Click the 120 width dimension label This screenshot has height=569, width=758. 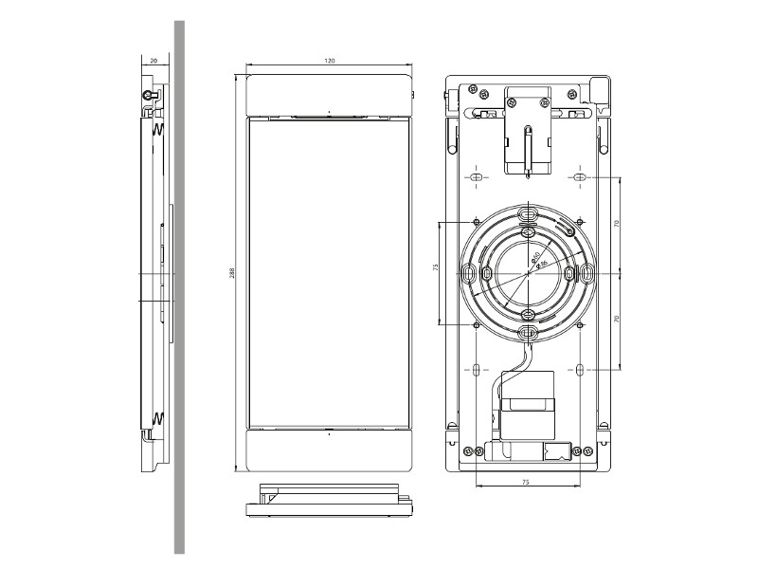[329, 61]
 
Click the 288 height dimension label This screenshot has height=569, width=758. [232, 273]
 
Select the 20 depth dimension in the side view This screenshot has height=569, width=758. [153, 61]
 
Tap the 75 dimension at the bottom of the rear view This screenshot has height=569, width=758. [525, 482]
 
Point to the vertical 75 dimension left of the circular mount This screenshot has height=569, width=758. [436, 268]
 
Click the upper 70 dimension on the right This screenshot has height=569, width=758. [616, 224]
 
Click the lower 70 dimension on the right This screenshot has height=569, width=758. [616, 320]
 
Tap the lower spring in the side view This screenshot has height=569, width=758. [158, 416]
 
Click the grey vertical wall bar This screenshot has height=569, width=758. [178, 284]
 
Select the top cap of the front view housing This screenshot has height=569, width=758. [329, 94]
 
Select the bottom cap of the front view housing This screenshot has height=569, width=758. [329, 450]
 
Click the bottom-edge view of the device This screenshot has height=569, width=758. [329, 500]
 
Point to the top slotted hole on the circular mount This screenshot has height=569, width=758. [528, 213]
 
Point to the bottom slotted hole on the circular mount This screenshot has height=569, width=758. [528, 332]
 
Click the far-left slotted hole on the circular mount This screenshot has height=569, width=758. [469, 273]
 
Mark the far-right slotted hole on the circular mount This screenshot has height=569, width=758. [587, 273]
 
